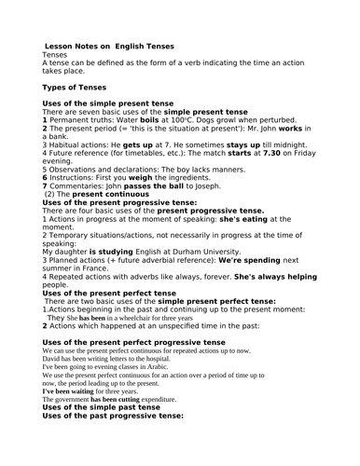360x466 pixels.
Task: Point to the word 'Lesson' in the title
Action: (x=63, y=46)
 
